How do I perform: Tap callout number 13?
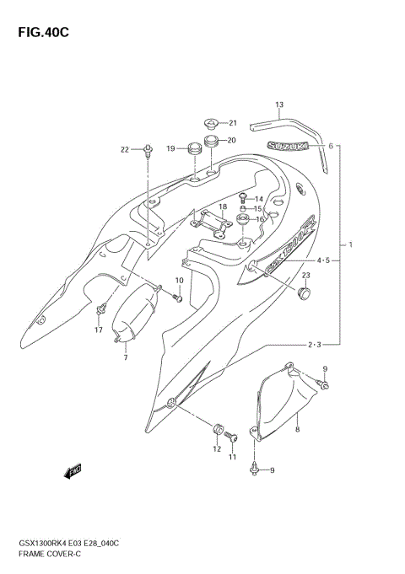click(x=278, y=105)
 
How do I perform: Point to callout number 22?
click(x=125, y=150)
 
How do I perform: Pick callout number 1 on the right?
click(x=350, y=244)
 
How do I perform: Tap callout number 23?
click(x=306, y=276)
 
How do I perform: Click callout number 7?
click(x=126, y=358)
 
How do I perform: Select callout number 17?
click(x=99, y=330)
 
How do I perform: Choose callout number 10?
click(x=179, y=281)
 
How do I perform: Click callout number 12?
click(x=216, y=449)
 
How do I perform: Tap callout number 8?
click(x=297, y=430)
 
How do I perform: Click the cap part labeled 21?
click(x=212, y=123)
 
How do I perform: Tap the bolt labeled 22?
click(x=148, y=152)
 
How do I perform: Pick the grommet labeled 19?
click(x=193, y=149)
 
